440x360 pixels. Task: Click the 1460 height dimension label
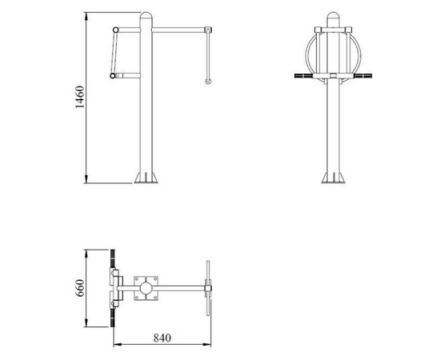[80, 97]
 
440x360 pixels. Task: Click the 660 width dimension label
[80, 288]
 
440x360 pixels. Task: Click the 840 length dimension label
[162, 338]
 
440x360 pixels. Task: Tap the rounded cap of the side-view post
[146, 15]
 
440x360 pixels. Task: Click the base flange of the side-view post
[146, 178]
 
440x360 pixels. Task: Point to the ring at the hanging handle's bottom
[208, 82]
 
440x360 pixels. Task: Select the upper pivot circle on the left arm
[116, 30]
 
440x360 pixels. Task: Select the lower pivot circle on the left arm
[113, 75]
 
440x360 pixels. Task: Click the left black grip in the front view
[303, 76]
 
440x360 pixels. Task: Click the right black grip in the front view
[363, 76]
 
